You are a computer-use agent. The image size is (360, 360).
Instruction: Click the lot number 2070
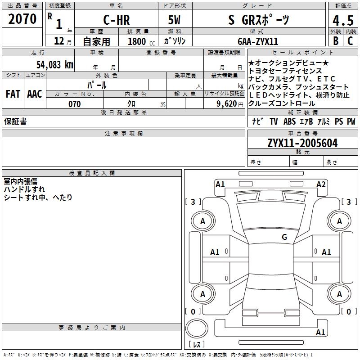(22, 19)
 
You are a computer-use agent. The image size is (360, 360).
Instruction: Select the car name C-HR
(116, 20)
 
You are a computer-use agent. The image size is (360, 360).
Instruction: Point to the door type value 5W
(175, 20)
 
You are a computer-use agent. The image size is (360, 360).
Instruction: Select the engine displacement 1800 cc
(140, 41)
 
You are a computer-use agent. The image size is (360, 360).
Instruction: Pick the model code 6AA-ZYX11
(258, 41)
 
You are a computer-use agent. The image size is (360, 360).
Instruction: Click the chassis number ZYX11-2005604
(302, 143)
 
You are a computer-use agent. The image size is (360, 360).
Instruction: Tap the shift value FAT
(13, 94)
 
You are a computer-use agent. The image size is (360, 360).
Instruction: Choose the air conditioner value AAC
(34, 94)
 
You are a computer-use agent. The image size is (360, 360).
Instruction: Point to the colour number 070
(74, 104)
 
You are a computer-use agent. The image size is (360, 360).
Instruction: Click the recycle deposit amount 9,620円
(230, 104)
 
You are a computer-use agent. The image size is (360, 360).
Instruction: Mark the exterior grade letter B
(335, 41)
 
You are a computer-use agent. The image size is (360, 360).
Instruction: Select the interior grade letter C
(350, 41)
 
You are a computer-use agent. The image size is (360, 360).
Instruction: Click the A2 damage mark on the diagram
(321, 184)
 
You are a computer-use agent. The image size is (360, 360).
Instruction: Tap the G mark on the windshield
(284, 237)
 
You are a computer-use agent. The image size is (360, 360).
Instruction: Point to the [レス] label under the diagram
(197, 345)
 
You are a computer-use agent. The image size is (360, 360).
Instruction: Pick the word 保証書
(15, 121)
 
